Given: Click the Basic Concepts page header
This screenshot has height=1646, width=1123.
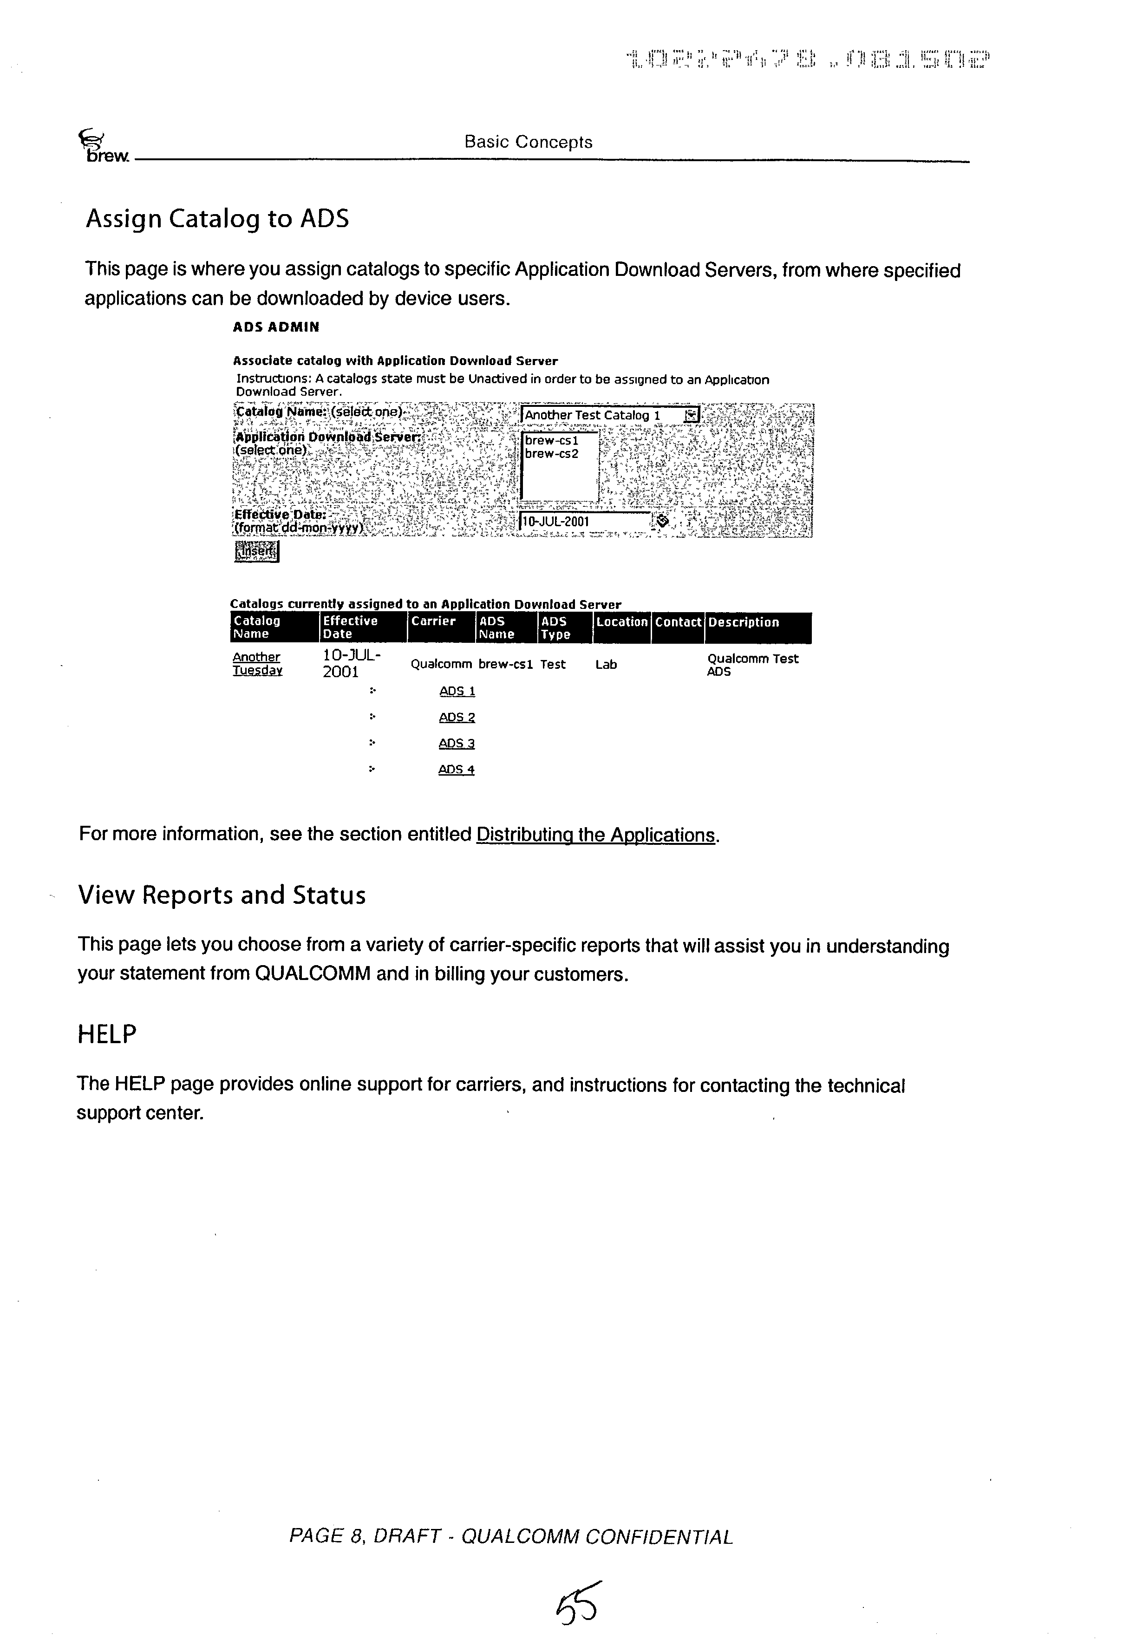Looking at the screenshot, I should point(528,142).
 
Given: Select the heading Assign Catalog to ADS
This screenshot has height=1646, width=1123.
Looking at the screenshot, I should point(217,219).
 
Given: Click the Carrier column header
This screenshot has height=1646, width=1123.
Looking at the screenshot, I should point(433,621).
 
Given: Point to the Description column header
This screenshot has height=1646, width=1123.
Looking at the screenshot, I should point(744,622).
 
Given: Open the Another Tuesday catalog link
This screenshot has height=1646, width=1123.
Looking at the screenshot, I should point(257,664).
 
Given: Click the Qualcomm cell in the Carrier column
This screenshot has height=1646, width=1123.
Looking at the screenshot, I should point(440,664).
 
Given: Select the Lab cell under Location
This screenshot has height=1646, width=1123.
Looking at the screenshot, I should point(606,664).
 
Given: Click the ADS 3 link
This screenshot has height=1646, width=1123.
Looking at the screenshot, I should point(456,743).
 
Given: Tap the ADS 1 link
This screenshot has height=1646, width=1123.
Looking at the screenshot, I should point(457,691).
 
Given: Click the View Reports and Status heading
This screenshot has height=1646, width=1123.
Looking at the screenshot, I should point(222,895).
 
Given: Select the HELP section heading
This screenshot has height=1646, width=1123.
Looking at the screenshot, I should point(107,1034).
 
